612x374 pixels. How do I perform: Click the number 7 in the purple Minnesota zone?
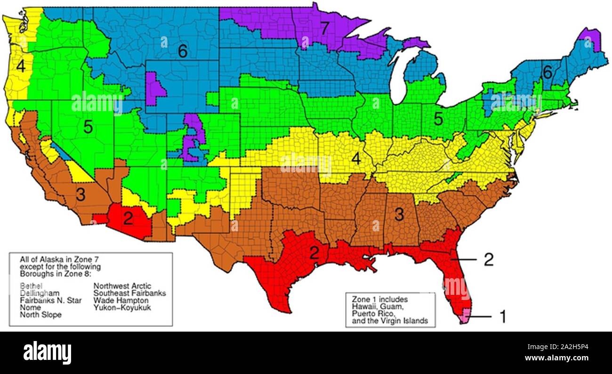click(324, 29)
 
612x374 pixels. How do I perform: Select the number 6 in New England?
click(547, 73)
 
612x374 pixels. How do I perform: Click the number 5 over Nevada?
click(88, 126)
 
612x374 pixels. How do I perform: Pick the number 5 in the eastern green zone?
click(438, 119)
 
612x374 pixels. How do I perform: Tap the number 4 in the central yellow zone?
click(356, 159)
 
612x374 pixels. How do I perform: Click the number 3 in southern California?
click(81, 195)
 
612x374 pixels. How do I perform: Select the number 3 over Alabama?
click(399, 214)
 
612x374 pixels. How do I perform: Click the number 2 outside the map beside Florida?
click(489, 259)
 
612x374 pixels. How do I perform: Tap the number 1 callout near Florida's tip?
click(502, 317)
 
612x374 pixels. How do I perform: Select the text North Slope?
click(40, 315)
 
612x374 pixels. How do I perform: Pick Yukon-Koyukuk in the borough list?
click(122, 308)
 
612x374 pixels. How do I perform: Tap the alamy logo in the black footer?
click(47, 352)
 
